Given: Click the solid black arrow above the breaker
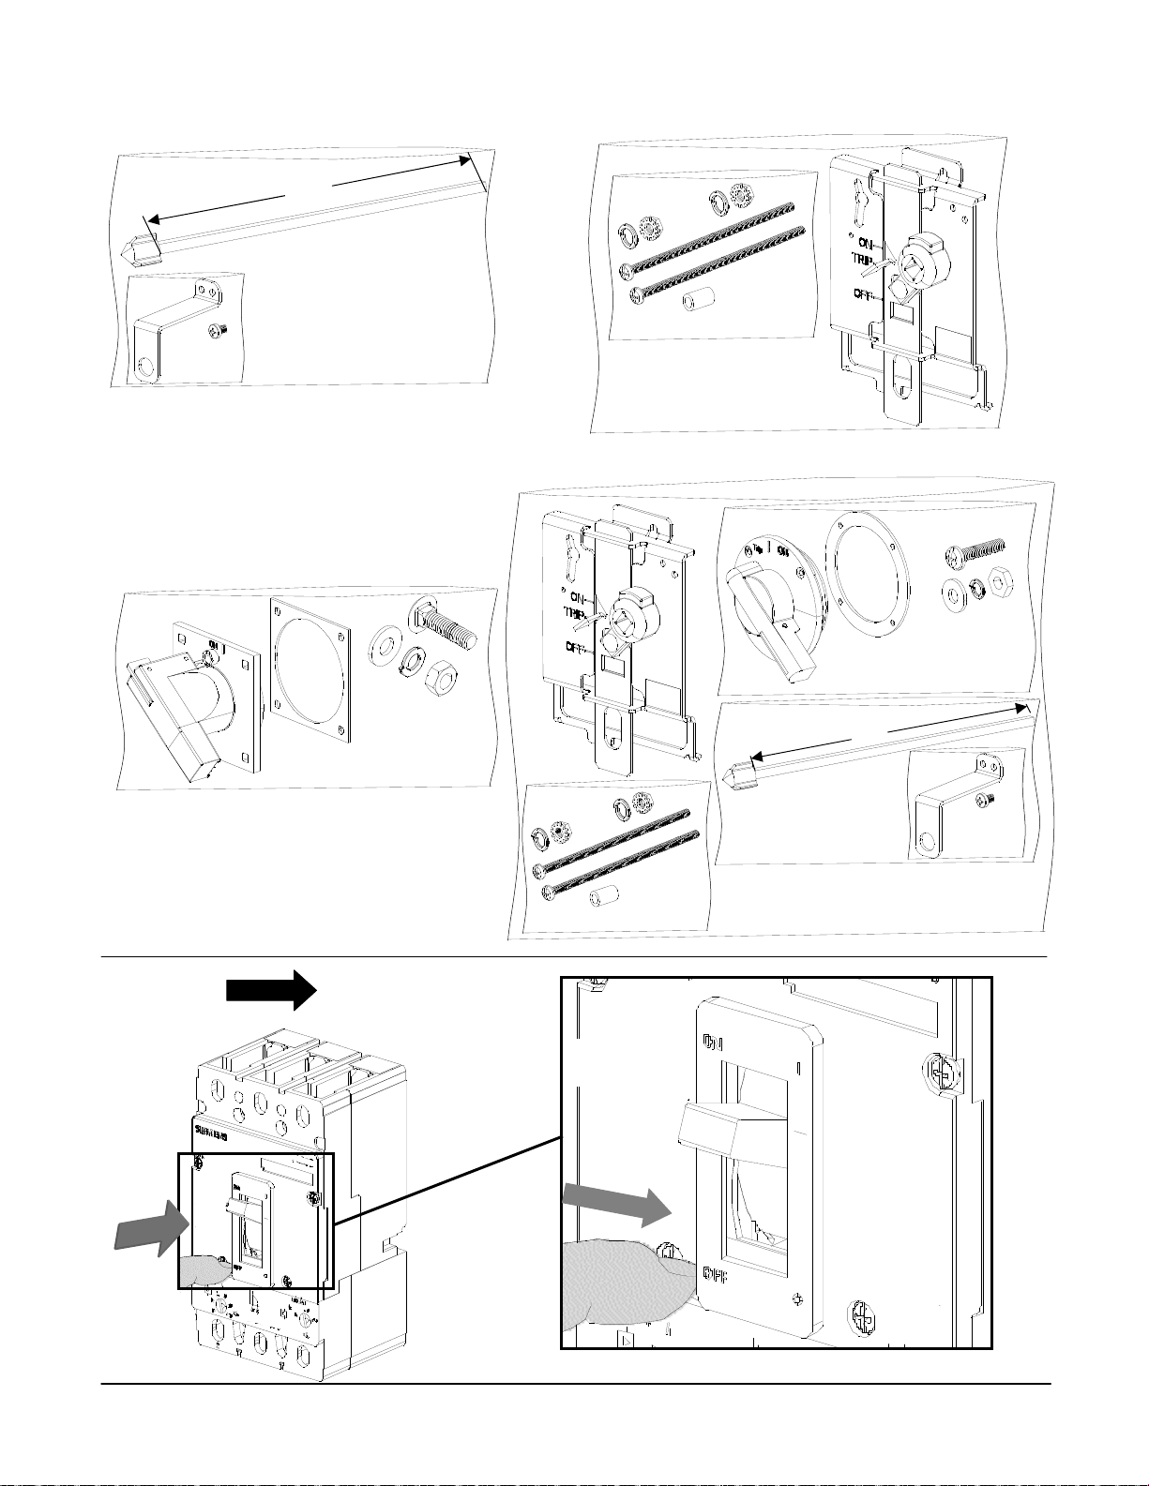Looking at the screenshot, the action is (x=272, y=990).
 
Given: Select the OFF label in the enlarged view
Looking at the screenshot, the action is (x=719, y=1275).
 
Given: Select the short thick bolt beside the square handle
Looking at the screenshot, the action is (x=445, y=627).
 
